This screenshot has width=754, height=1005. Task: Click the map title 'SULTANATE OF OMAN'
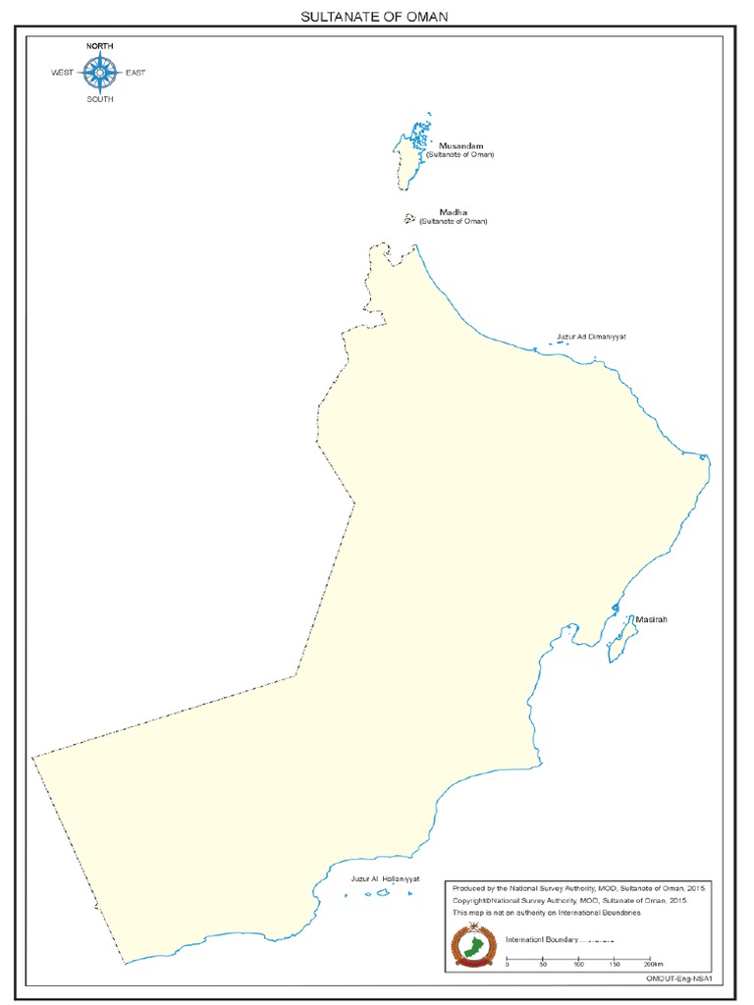click(378, 18)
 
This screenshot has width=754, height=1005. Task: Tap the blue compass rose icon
click(98, 72)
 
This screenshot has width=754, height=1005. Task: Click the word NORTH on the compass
click(99, 47)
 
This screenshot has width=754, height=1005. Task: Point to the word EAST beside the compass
click(135, 73)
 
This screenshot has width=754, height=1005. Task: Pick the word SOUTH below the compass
click(99, 98)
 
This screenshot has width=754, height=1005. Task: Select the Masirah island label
click(651, 619)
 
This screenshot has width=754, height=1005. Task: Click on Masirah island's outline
click(620, 639)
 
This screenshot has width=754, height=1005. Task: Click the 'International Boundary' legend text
click(541, 940)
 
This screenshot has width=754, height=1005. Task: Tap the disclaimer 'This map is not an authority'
click(546, 913)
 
